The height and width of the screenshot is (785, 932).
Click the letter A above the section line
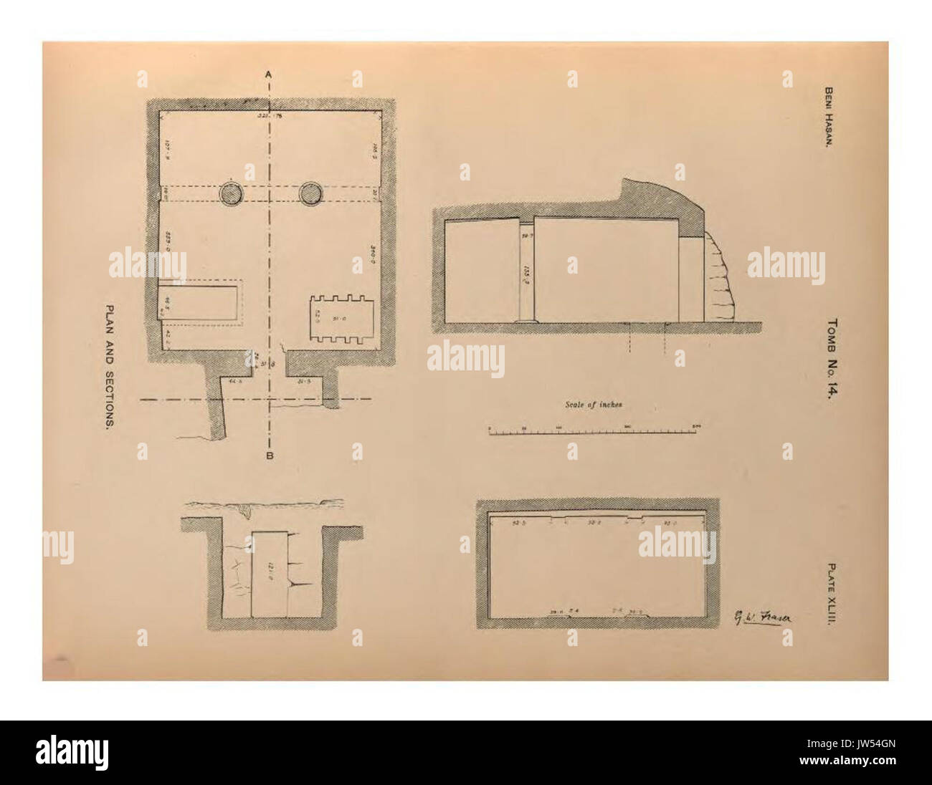click(268, 73)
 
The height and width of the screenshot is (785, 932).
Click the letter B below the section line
click(270, 455)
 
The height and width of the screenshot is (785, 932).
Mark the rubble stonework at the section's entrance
click(717, 279)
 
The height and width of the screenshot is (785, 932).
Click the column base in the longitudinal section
click(527, 321)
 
